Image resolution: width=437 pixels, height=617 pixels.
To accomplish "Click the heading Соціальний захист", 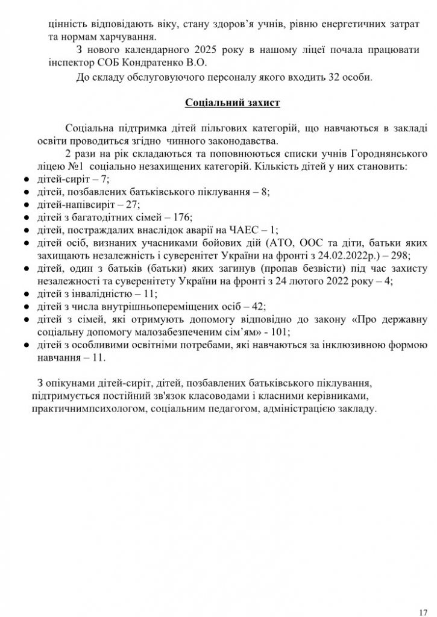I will pos(232,102).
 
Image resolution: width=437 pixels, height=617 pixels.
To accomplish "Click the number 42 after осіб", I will pos(254,306).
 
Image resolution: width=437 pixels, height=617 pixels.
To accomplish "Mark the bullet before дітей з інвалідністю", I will pos(26,293).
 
